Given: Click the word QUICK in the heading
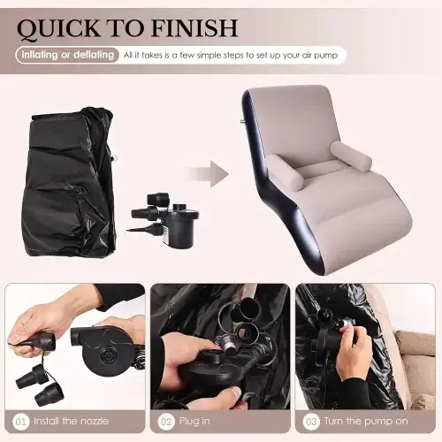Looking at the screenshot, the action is (x=58, y=28).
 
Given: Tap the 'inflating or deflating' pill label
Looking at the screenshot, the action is (x=67, y=55).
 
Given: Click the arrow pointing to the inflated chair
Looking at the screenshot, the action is (x=209, y=174).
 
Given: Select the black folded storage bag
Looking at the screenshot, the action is (x=70, y=183).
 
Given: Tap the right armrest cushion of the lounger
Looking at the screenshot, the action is (x=351, y=156).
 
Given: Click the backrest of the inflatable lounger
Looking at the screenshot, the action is (x=292, y=124).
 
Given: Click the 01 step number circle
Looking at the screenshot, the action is (x=21, y=422).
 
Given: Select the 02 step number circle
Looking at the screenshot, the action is (x=166, y=422).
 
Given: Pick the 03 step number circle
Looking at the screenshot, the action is (x=311, y=422).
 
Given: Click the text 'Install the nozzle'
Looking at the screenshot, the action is (x=71, y=421).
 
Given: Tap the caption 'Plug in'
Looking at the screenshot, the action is (x=194, y=422).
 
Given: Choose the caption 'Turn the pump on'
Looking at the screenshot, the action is (x=366, y=421).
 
